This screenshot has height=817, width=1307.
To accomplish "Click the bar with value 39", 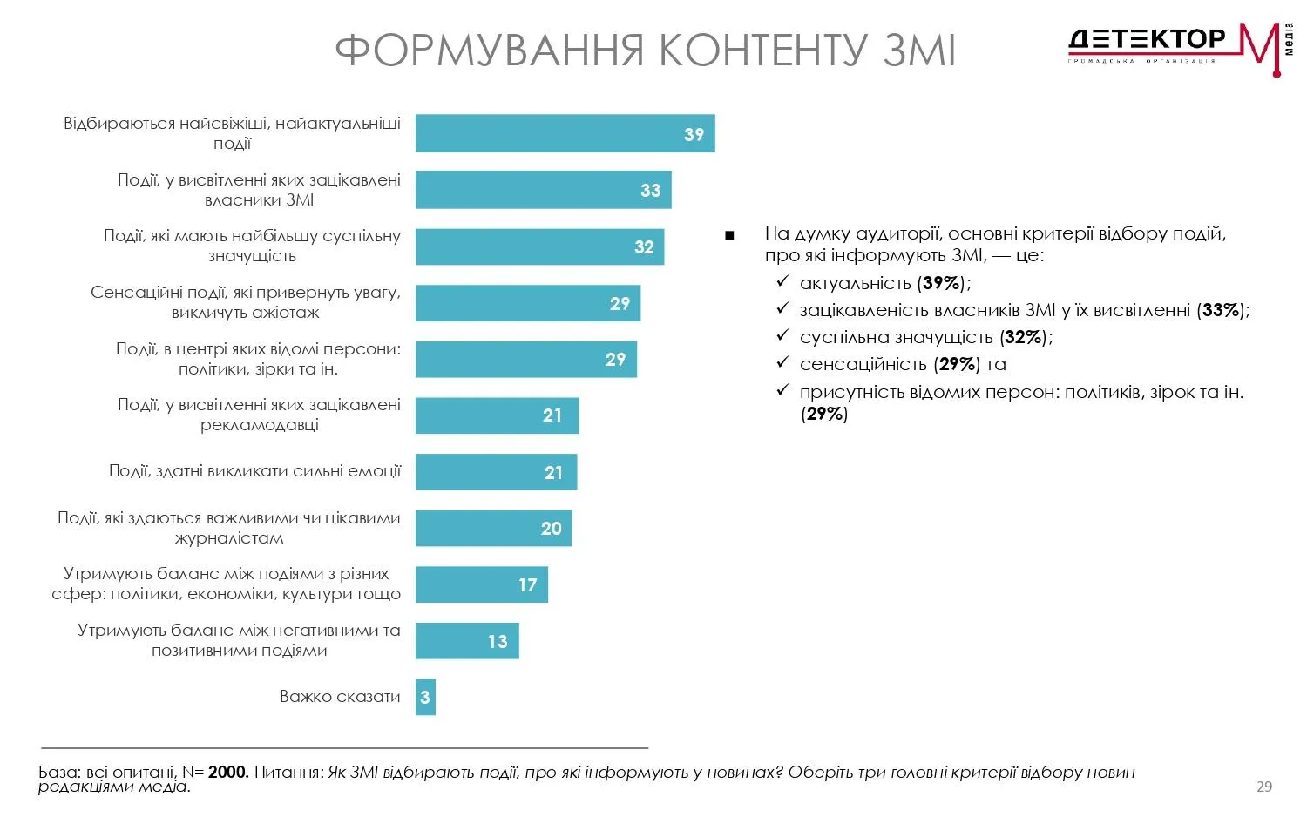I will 565,133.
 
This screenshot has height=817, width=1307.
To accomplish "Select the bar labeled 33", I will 543,190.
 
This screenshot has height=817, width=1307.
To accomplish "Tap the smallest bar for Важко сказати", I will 425,697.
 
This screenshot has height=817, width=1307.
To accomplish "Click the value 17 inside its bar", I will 528,585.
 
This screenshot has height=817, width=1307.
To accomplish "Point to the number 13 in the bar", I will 498,642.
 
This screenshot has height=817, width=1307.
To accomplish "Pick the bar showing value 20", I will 493,528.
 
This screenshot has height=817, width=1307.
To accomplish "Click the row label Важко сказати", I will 340,697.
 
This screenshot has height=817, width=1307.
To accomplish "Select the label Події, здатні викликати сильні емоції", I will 254,471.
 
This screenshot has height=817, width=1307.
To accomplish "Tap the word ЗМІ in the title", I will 919,50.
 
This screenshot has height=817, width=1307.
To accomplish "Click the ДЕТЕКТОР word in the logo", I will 1146,39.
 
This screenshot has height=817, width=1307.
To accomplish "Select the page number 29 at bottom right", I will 1264,787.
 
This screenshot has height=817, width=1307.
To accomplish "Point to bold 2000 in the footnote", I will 228,773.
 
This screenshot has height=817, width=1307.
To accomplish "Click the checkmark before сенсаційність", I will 782,363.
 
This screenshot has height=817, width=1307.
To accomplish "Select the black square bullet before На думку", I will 729,235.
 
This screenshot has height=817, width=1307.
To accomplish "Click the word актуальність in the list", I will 855,283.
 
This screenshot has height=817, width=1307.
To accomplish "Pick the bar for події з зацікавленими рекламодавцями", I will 497,415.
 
